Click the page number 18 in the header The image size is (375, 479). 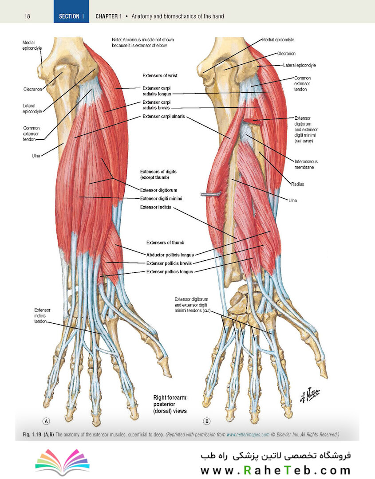(x=27, y=16)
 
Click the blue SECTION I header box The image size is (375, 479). (x=71, y=11)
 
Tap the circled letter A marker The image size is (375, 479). (x=46, y=421)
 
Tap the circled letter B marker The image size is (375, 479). (x=207, y=421)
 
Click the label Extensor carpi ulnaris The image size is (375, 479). (x=163, y=116)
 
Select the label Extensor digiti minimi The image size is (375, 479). (x=161, y=199)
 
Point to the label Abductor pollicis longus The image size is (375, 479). (x=170, y=255)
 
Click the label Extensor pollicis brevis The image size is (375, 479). (x=169, y=263)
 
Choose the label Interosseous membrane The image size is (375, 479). (x=306, y=165)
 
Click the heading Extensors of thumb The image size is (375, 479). (x=165, y=243)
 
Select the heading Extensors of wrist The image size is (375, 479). (x=160, y=75)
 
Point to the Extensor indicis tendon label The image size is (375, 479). (x=42, y=316)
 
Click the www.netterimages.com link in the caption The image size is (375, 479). (x=248, y=434)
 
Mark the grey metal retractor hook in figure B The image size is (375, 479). (x=211, y=194)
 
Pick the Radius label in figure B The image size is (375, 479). (x=297, y=184)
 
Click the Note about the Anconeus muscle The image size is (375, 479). (x=143, y=43)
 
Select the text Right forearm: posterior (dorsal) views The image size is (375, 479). (x=170, y=404)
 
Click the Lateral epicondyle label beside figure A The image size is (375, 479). (x=32, y=109)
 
